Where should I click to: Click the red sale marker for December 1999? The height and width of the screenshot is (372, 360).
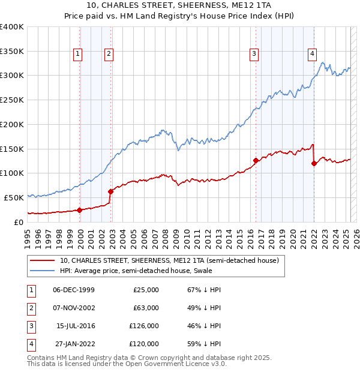(x=80, y=210)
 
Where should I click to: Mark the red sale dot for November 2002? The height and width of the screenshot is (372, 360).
(x=110, y=191)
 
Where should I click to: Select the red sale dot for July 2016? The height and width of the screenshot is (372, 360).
(x=256, y=160)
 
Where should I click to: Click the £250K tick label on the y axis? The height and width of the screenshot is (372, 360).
(x=12, y=100)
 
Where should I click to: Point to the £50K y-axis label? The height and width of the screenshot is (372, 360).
(x=14, y=197)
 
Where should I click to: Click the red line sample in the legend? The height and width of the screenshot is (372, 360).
(x=43, y=261)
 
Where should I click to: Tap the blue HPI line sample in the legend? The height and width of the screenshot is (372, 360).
(x=43, y=271)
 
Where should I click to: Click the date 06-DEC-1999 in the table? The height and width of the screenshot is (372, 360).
(x=74, y=290)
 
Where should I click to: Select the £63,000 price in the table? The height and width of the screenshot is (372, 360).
(x=146, y=308)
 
